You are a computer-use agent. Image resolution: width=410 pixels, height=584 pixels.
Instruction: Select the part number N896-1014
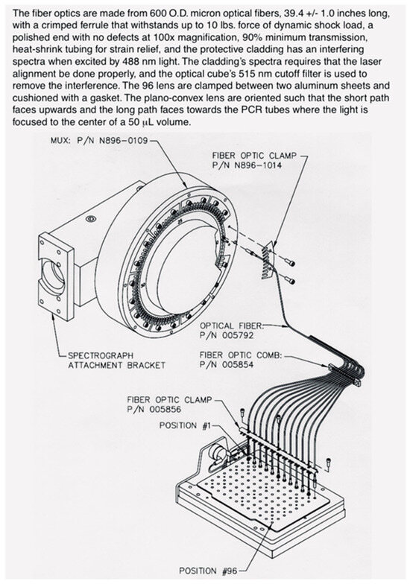tap(258, 165)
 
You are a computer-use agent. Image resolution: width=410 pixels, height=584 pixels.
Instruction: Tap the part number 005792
tap(237, 335)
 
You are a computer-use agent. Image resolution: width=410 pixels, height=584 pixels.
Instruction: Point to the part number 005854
tap(237, 365)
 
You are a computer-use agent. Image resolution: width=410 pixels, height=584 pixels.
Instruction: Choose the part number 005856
tap(165, 409)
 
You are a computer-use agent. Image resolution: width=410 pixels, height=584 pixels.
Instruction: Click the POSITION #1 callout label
tap(185, 425)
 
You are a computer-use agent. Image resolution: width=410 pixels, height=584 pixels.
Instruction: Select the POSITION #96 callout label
tap(208, 571)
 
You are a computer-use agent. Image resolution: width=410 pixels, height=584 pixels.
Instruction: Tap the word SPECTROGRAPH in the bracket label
tap(101, 356)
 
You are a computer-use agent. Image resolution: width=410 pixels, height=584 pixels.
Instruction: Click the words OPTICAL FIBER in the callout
tap(231, 326)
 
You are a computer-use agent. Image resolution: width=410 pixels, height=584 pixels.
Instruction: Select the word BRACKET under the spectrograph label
tap(146, 365)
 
